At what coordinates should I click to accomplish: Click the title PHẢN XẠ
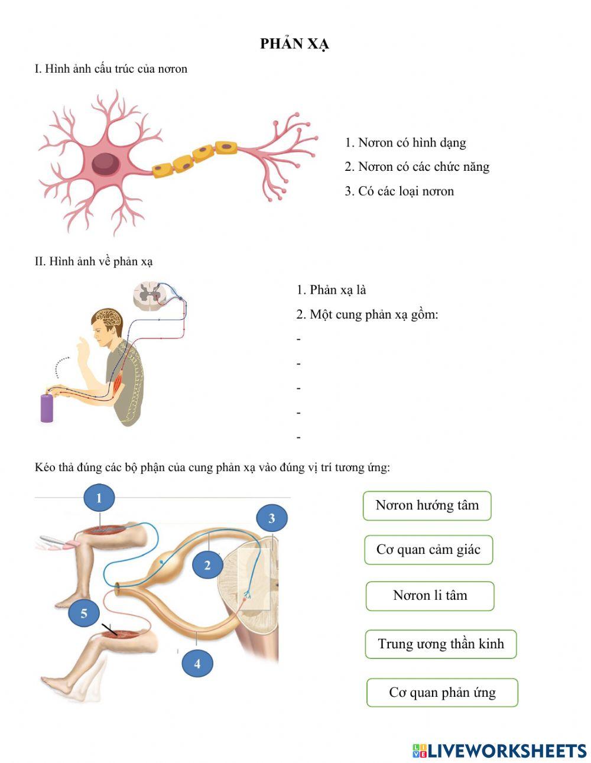[x=294, y=44]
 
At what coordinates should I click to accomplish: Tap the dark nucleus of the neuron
[x=106, y=164]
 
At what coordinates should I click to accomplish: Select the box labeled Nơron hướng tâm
[x=427, y=506]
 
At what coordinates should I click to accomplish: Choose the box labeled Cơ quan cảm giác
[x=428, y=550]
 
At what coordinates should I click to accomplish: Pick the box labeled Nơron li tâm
[x=430, y=596]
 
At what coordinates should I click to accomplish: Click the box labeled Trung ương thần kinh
[x=441, y=644]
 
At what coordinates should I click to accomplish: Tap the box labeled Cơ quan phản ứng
[x=442, y=693]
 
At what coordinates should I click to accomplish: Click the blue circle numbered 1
[x=99, y=498]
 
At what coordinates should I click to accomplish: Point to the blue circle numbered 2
[x=208, y=566]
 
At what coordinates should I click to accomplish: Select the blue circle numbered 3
[x=272, y=518]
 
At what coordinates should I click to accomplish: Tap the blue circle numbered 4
[x=197, y=664]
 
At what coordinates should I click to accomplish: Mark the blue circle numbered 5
[x=84, y=613]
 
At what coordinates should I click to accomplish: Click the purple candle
[x=47, y=408]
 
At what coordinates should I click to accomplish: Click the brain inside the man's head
[x=109, y=319]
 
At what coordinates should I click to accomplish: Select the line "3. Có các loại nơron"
[x=399, y=191]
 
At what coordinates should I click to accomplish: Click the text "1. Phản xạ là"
[x=331, y=290]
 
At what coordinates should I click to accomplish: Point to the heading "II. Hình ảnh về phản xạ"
[x=94, y=262]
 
